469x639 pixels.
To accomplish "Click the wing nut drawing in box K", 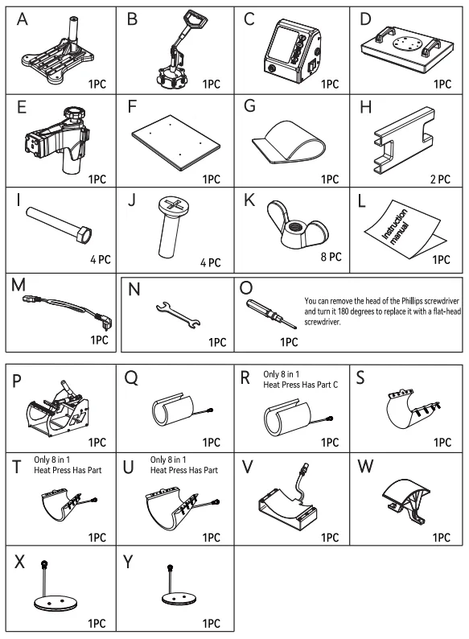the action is point(298,225).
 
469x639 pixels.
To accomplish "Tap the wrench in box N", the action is point(178,315).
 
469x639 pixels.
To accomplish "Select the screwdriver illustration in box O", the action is point(271,313).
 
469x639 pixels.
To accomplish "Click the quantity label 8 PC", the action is point(331,257).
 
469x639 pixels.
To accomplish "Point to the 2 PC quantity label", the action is point(440,179).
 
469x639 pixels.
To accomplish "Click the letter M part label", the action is point(19,285).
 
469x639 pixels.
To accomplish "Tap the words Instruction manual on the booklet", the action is point(394,227).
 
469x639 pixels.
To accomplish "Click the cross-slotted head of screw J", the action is point(173,204).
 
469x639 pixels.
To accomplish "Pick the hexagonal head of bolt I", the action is point(83,235).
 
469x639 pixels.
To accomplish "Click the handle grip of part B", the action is point(195,19).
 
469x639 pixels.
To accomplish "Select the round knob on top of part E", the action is point(74,113).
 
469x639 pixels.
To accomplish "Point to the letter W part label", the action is point(365,466).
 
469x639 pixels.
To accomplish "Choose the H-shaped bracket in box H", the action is point(404,141).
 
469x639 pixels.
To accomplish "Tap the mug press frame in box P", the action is point(57,410).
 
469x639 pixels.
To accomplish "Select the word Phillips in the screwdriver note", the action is point(412,301).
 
